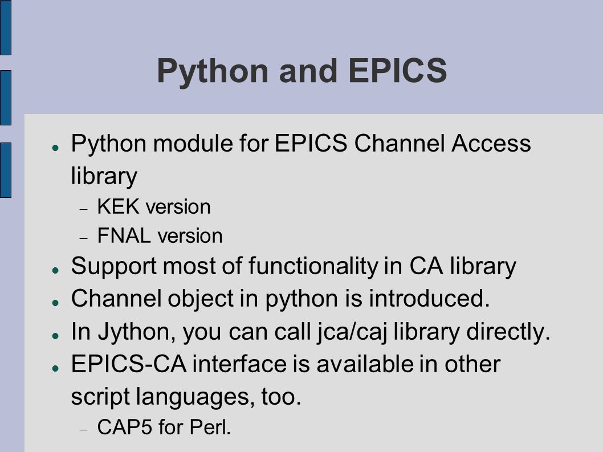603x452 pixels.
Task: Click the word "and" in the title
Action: pyautogui.click(x=308, y=71)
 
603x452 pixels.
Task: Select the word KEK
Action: pyautogui.click(x=118, y=206)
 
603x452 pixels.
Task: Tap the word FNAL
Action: pyautogui.click(x=124, y=235)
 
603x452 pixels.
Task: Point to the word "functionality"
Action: pyautogui.click(x=313, y=266)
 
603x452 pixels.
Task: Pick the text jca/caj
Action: pyautogui.click(x=352, y=332)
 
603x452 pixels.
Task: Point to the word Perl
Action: pyautogui.click(x=210, y=426)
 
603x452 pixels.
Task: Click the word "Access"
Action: pyautogui.click(x=491, y=144)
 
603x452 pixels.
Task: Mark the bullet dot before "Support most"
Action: pyautogui.click(x=56, y=270)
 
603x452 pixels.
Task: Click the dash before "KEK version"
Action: pyautogui.click(x=84, y=209)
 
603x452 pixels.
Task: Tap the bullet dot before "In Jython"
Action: pyautogui.click(x=56, y=336)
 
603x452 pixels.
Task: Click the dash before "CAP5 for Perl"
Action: pyautogui.click(x=84, y=430)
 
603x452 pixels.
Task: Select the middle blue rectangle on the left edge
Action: pyautogui.click(x=5, y=97)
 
